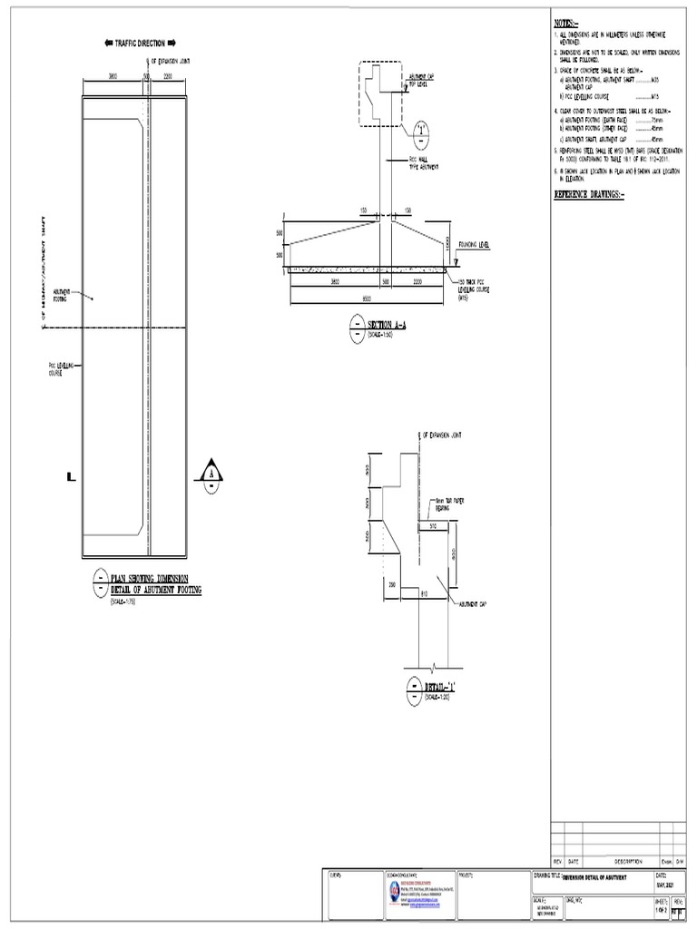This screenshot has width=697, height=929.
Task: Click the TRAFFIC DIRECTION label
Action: pyautogui.click(x=141, y=43)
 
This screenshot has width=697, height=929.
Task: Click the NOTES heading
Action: pyautogui.click(x=565, y=23)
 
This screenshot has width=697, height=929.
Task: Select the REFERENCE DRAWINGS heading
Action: pyautogui.click(x=590, y=195)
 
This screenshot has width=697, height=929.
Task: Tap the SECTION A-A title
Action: pyautogui.click(x=386, y=324)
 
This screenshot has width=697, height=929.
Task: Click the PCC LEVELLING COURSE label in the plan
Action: pyautogui.click(x=60, y=368)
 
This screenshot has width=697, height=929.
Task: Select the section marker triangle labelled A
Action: pyautogui.click(x=211, y=474)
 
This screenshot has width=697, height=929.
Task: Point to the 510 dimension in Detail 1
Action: pyautogui.click(x=432, y=523)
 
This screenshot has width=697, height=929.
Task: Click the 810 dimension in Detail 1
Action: pyautogui.click(x=423, y=592)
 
